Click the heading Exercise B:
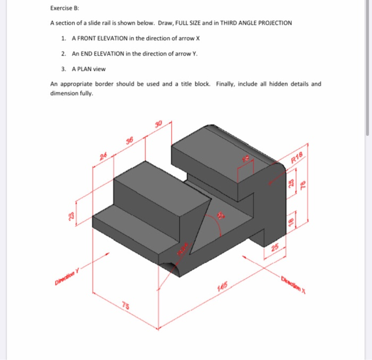64,8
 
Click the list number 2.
63,54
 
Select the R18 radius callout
298,157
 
